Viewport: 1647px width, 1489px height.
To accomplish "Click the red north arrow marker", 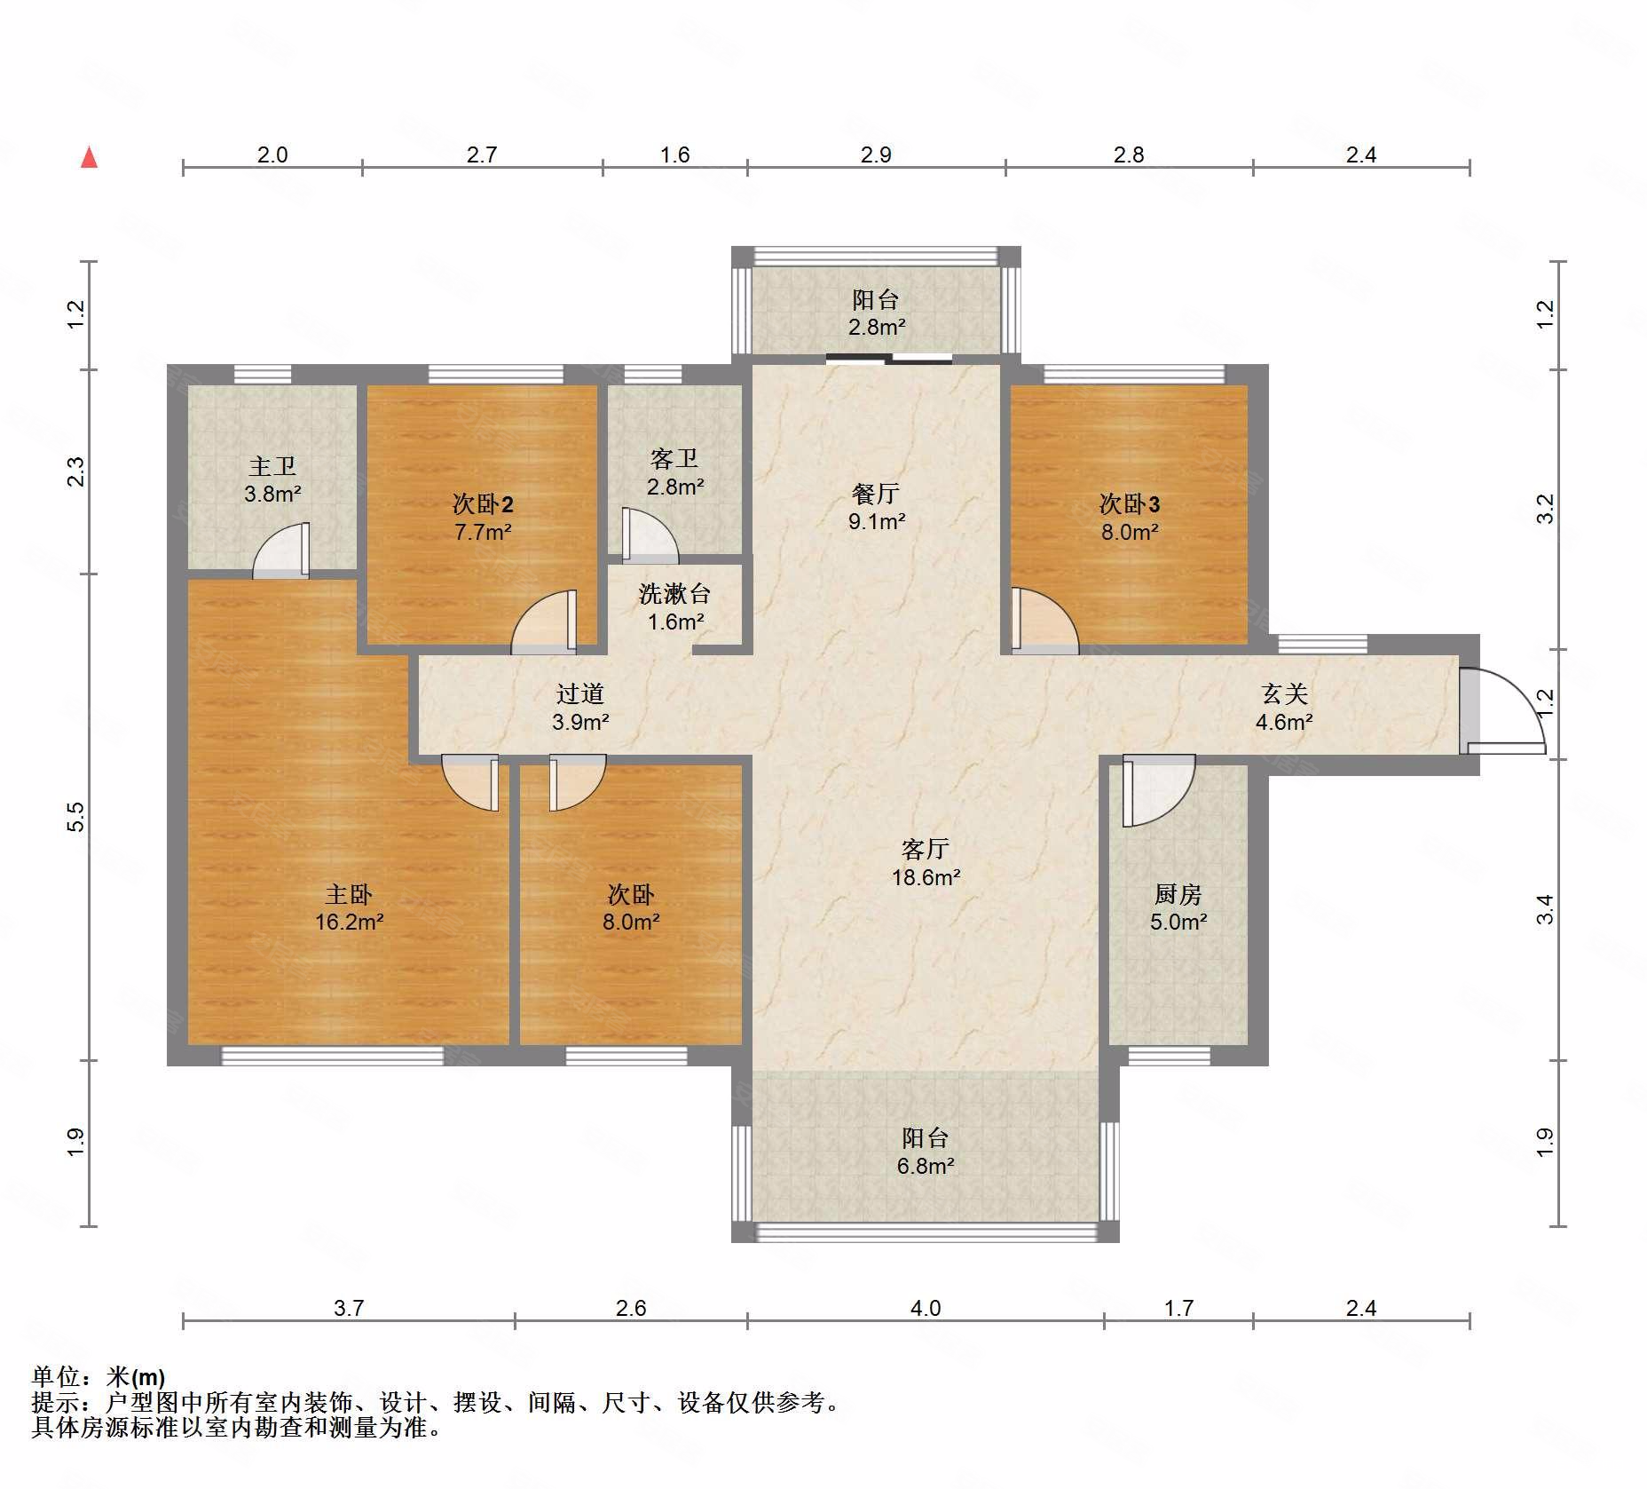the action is coord(89,157).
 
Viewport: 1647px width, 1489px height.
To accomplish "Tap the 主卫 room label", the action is coord(272,466).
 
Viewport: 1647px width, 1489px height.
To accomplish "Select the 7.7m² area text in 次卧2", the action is coord(483,532).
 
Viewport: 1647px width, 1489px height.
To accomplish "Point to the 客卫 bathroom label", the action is coord(674,458).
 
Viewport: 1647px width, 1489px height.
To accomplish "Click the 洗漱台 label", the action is coord(674,593).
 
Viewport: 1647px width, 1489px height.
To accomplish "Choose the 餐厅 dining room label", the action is coord(876,493).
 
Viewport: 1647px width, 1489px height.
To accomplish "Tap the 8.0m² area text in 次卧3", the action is coord(1130,532).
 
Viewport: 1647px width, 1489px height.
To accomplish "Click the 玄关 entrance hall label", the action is coord(1285,693).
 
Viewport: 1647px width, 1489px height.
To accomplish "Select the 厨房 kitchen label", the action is coord(1178,894).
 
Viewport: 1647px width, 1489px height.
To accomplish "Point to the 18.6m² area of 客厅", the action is coord(926,877).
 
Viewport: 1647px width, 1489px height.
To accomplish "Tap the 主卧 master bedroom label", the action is coord(349,894).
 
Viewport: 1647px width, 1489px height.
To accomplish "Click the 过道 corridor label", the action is coord(580,693).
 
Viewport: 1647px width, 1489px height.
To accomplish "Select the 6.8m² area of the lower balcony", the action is coord(926,1166).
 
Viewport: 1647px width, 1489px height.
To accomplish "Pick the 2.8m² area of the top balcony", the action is coord(877,327).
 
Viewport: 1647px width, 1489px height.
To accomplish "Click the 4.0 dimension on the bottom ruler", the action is coord(926,1308).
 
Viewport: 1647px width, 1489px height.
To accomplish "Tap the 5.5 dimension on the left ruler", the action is coord(76,816).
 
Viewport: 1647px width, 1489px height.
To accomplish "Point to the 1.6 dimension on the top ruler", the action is coord(674,154).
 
